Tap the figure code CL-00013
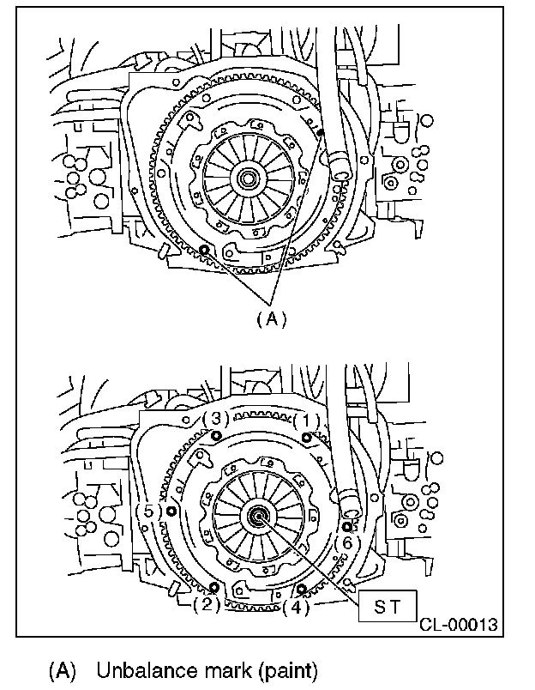click(459, 625)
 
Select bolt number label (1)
click(305, 421)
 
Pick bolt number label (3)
click(215, 419)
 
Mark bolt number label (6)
click(346, 542)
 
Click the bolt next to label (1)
click(306, 438)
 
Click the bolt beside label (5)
click(171, 511)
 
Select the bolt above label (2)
click(213, 587)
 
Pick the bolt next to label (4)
click(302, 589)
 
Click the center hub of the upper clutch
click(249, 179)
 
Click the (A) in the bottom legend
click(63, 669)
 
